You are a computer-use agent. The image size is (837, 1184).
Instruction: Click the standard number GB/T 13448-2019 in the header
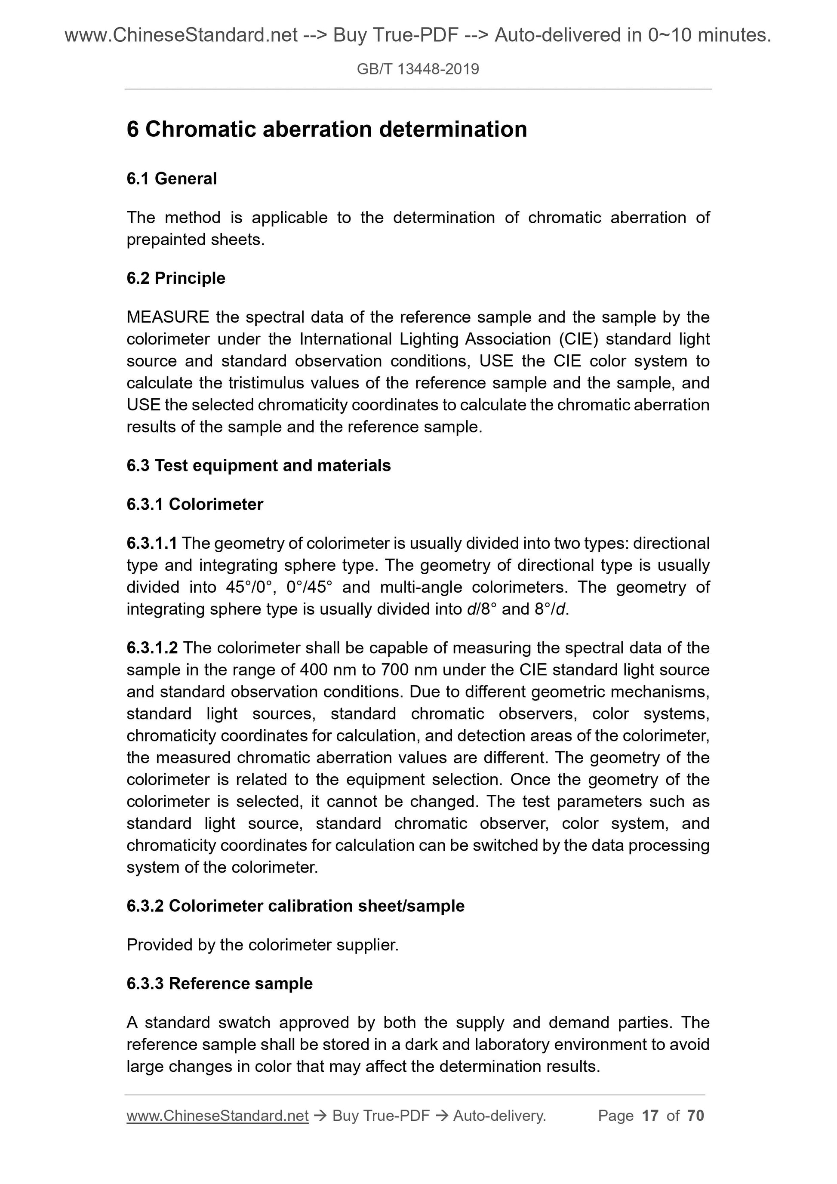[x=418, y=69]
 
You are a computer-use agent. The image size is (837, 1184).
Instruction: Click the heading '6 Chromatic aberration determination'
[x=326, y=129]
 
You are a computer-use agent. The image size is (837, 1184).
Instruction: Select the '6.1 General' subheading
[x=171, y=178]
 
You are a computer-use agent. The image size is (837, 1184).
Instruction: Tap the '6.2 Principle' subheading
[x=175, y=278]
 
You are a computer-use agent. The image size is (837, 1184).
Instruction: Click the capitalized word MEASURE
[x=168, y=317]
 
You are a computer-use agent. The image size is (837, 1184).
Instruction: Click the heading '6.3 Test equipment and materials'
[x=258, y=465]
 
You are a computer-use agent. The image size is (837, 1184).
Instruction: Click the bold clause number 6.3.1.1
[x=152, y=543]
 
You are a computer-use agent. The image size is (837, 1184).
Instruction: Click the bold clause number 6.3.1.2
[x=152, y=648]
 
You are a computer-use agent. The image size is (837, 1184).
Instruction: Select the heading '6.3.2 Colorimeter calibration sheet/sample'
[x=295, y=906]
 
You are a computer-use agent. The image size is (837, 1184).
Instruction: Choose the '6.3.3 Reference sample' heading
[x=219, y=984]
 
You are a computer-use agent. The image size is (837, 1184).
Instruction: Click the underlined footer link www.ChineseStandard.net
[x=217, y=1116]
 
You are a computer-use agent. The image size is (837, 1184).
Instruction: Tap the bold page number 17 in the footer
[x=650, y=1116]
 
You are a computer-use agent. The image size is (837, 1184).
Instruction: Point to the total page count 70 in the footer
[x=695, y=1116]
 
